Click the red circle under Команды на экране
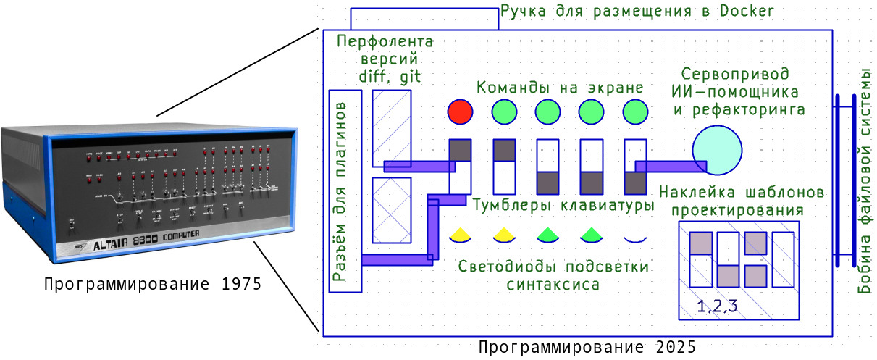460,112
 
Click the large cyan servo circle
717,150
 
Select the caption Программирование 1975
152,284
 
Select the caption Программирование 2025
587,348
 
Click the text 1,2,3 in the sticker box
717,306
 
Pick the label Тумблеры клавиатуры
563,205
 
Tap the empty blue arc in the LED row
635,238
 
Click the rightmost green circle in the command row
635,112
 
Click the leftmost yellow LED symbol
460,235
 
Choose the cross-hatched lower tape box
391,210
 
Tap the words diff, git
390,77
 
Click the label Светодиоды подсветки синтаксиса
553,275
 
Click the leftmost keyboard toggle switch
460,166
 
